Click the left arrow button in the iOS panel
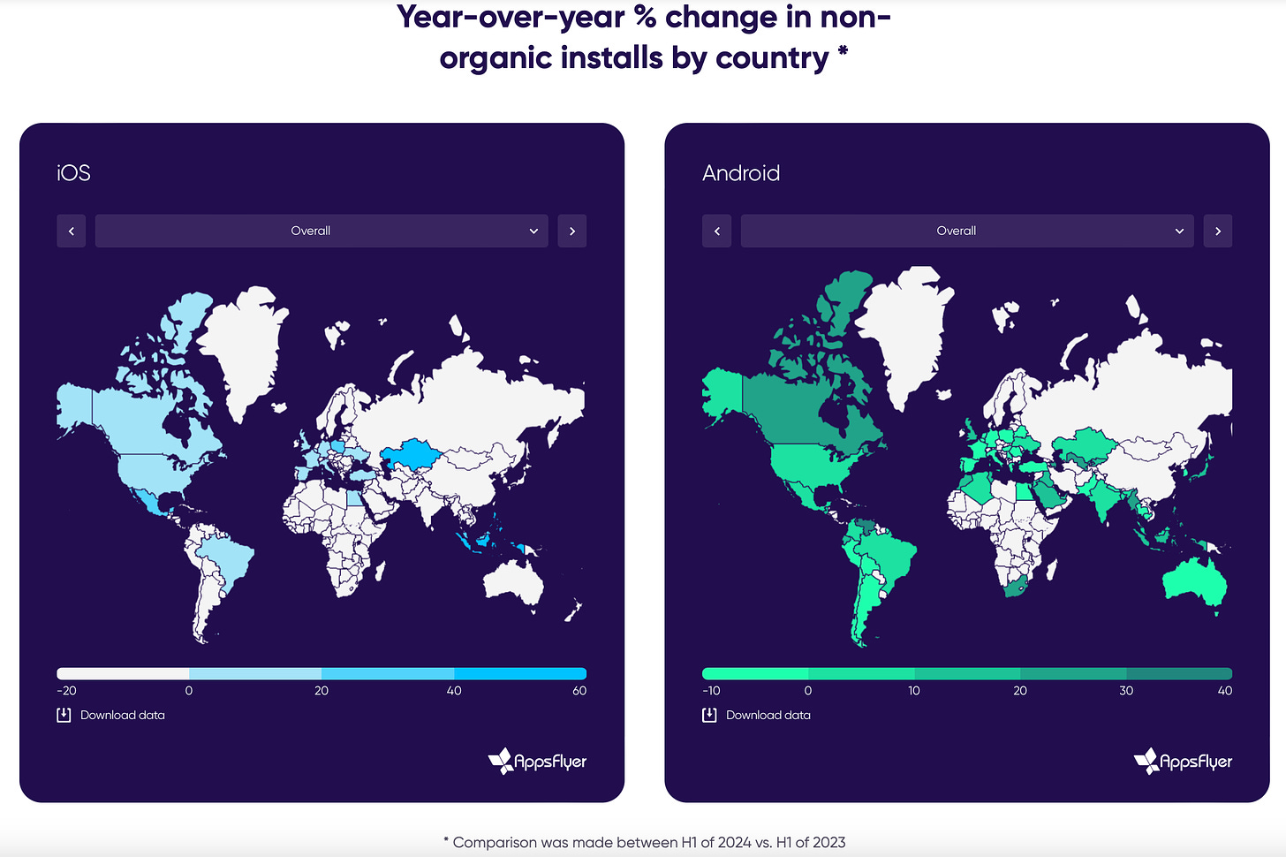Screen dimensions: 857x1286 (x=72, y=231)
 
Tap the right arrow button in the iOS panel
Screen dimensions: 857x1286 (x=572, y=231)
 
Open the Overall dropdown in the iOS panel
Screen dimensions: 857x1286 (x=321, y=231)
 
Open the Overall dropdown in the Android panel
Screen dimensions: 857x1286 (x=967, y=231)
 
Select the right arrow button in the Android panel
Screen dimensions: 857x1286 (x=1218, y=231)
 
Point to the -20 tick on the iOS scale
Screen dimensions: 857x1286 (x=66, y=691)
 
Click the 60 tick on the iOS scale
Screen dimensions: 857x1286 (x=579, y=691)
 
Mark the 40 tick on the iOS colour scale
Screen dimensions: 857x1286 (x=454, y=691)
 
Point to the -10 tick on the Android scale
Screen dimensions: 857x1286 (x=711, y=691)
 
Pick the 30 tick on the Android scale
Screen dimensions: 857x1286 (x=1126, y=691)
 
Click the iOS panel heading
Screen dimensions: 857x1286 (x=73, y=173)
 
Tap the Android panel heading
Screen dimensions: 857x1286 (x=741, y=173)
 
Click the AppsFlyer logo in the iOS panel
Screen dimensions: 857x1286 (x=537, y=761)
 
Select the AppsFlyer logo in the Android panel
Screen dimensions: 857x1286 (x=1183, y=761)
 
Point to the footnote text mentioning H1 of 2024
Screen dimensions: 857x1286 (x=645, y=842)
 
